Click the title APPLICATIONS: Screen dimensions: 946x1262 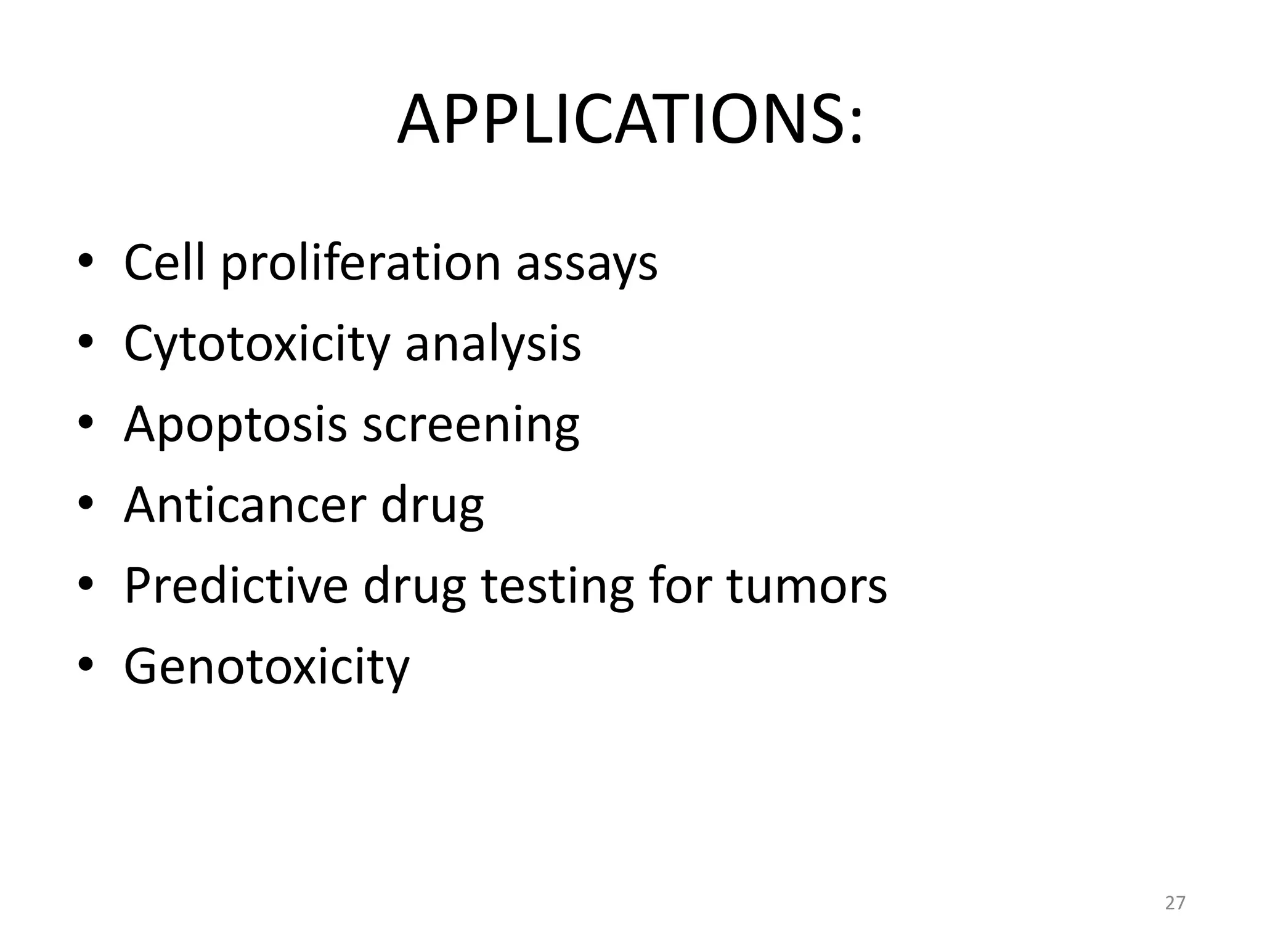[630, 121]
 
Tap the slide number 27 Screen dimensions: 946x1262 [1175, 903]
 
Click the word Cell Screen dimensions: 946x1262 [164, 263]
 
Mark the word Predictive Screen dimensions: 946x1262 [236, 586]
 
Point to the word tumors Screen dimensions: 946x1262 [807, 586]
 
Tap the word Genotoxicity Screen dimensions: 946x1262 [266, 668]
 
